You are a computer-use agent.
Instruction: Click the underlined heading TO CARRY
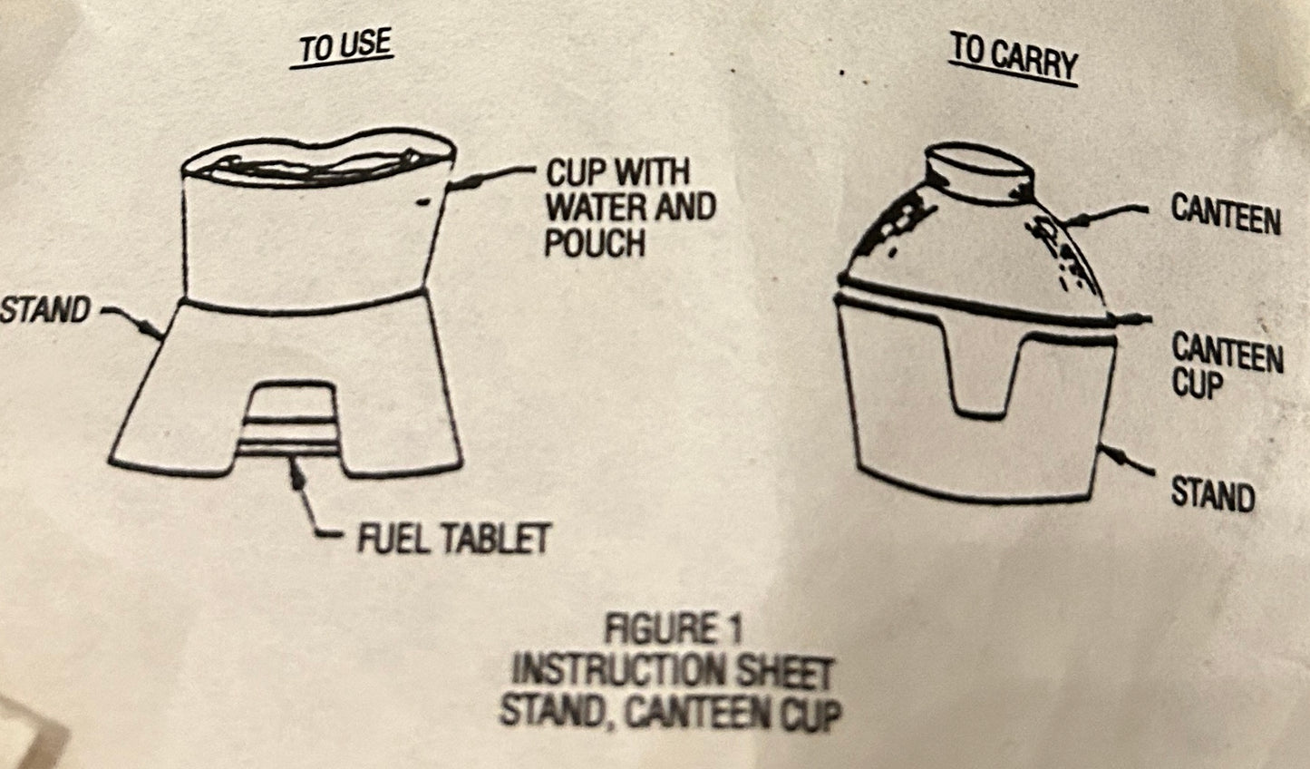(1013, 60)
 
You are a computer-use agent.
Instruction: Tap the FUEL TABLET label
(454, 538)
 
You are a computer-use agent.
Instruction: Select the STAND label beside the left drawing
(45, 310)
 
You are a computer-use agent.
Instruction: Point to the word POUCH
(594, 243)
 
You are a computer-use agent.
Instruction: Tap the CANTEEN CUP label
(1228, 366)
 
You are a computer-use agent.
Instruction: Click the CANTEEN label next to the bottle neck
(1226, 215)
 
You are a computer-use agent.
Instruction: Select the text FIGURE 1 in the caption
(673, 629)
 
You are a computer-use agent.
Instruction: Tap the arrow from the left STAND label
(132, 322)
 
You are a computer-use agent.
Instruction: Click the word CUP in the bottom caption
(814, 715)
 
